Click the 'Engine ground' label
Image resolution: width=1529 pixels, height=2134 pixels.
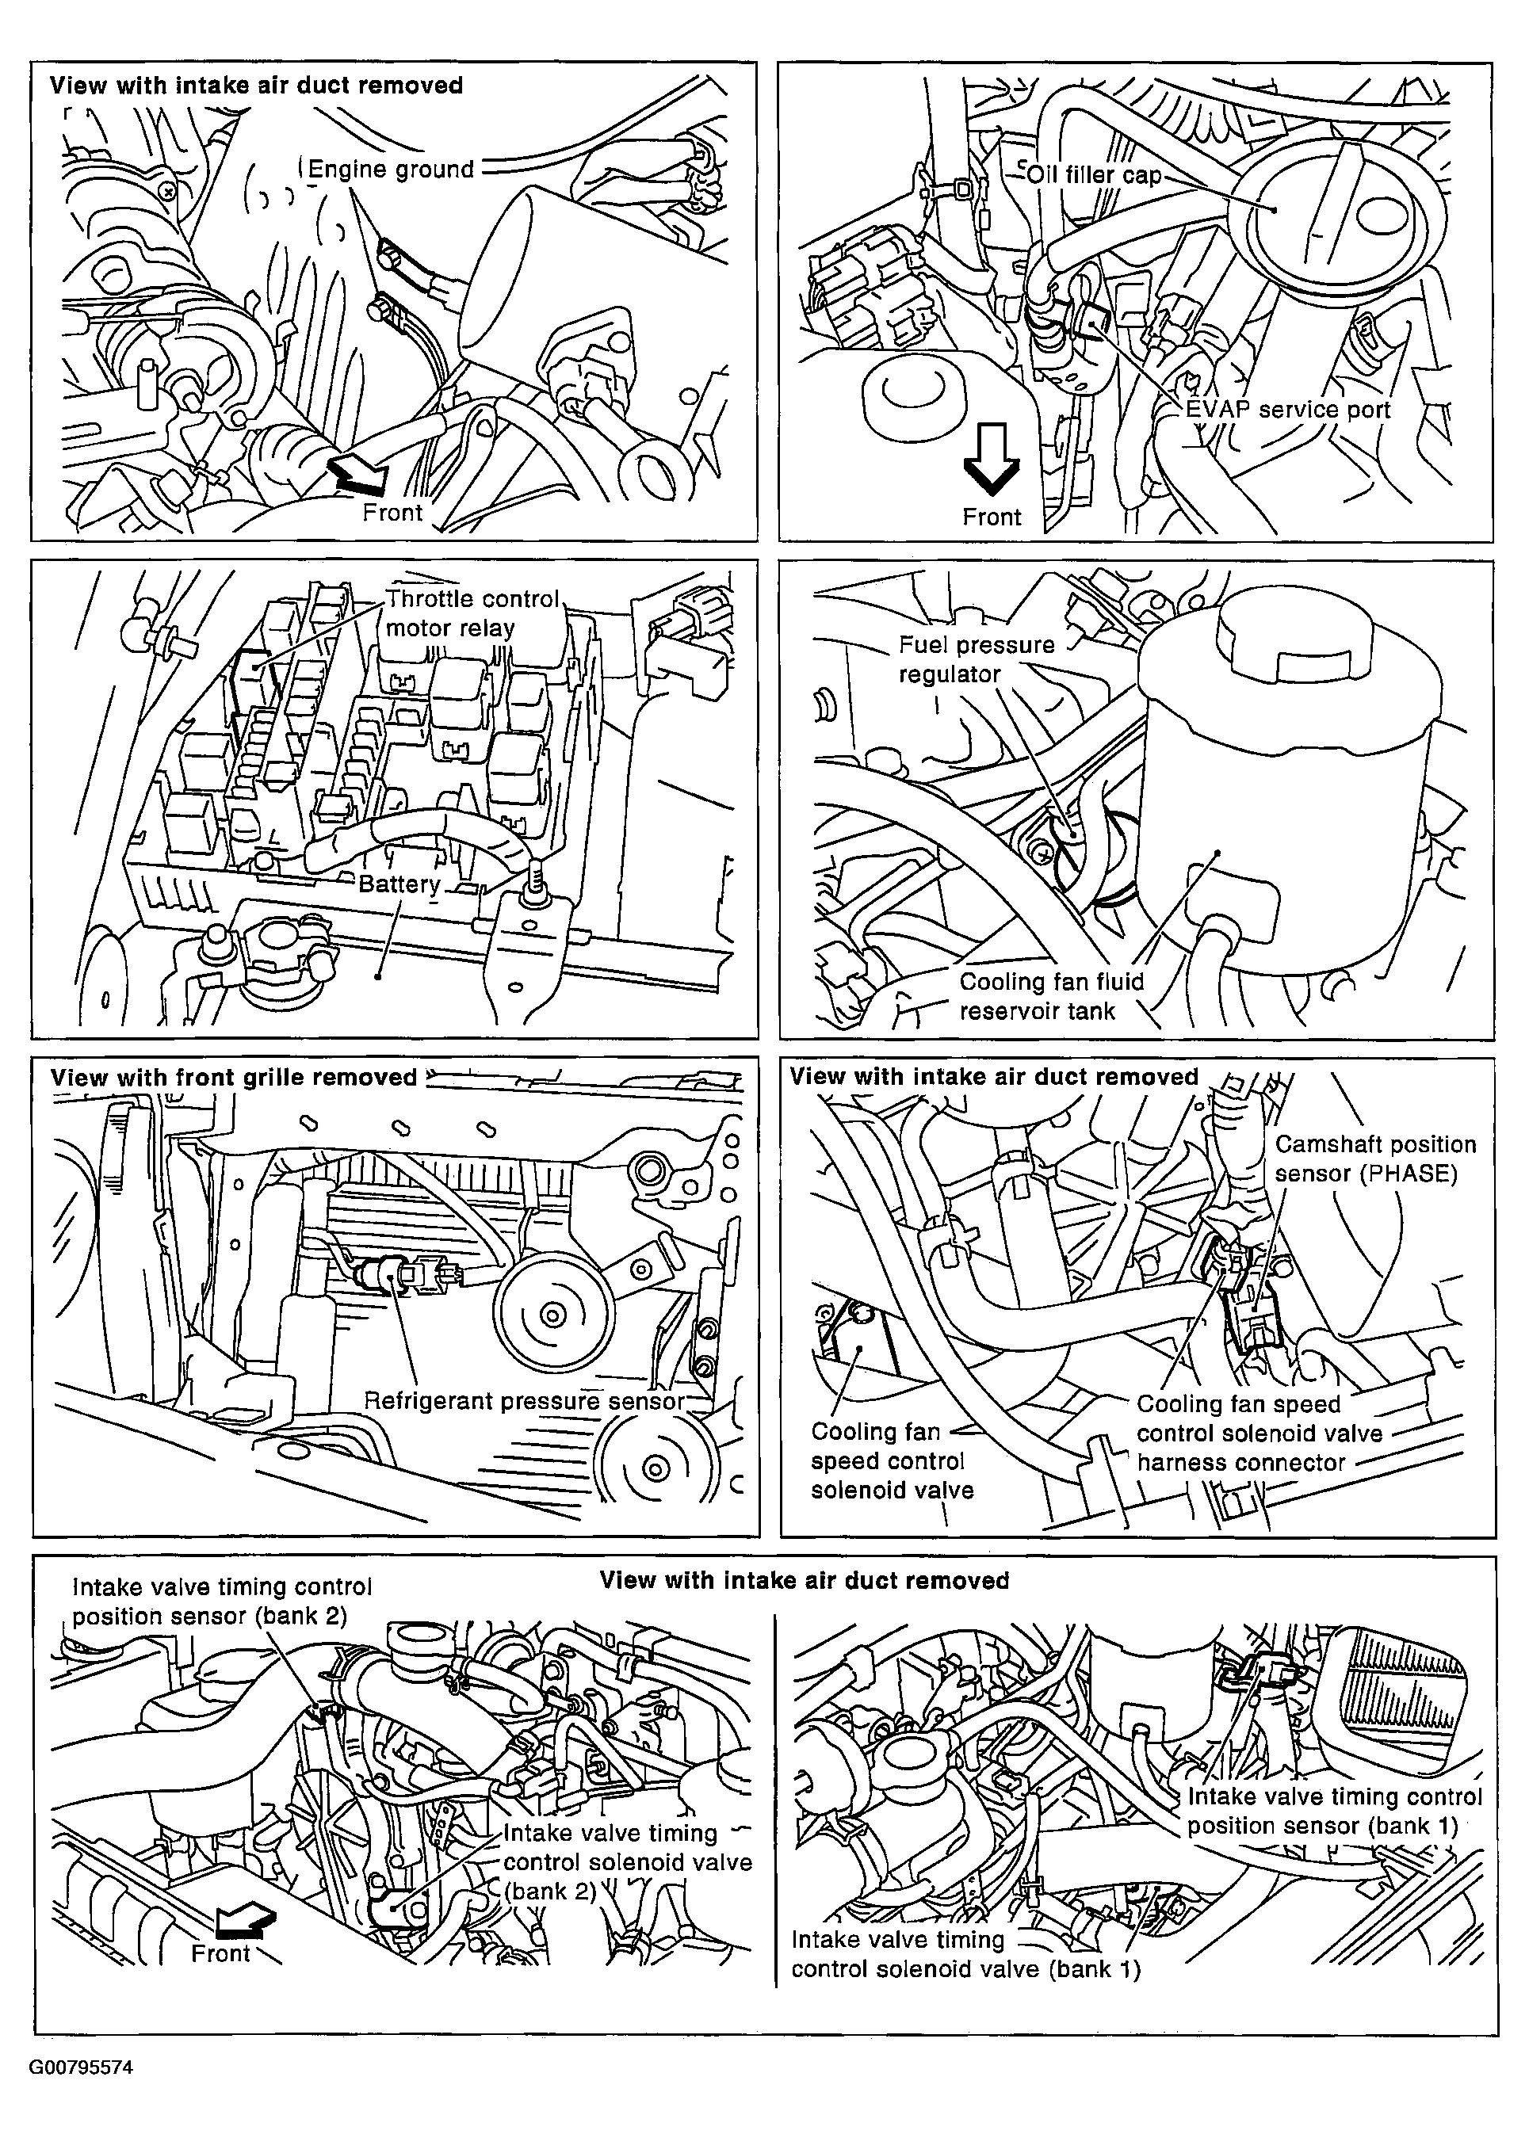pyautogui.click(x=392, y=170)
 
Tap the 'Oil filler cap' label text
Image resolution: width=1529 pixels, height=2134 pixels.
pyautogui.click(x=1095, y=175)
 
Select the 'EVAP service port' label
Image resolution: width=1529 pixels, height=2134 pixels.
pyautogui.click(x=1287, y=410)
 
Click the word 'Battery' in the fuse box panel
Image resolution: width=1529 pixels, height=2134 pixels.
pyautogui.click(x=399, y=884)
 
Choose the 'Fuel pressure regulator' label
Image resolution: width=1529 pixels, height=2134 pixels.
pyautogui.click(x=977, y=659)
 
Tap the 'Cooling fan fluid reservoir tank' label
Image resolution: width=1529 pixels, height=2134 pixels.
pyautogui.click(x=1051, y=995)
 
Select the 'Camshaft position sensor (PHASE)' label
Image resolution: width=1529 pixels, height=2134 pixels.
pyautogui.click(x=1374, y=1159)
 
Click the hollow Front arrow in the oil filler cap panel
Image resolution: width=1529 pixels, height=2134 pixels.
pyautogui.click(x=991, y=459)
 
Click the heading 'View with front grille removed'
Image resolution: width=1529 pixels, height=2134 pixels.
pyautogui.click(x=233, y=1078)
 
